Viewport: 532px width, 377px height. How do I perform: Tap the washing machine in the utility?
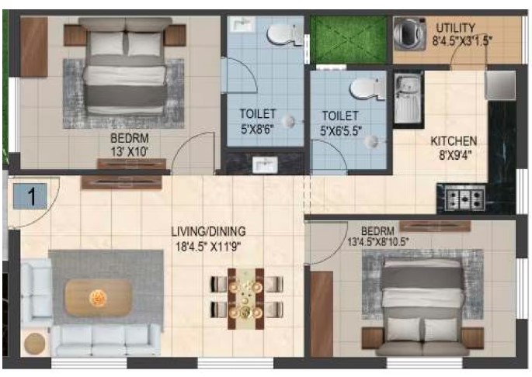coord(409,34)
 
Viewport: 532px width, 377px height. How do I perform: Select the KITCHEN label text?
coord(454,141)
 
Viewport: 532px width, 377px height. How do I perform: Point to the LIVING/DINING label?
coord(208,232)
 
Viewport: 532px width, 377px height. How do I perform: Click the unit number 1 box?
coord(30,196)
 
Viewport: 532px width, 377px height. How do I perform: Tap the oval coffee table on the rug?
coord(99,298)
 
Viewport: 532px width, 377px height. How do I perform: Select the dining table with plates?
coord(246,299)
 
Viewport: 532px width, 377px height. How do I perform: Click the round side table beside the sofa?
coord(35,344)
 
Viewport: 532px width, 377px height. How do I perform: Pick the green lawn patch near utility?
coord(349,40)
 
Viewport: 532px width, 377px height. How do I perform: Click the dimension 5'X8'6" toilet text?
coord(258,130)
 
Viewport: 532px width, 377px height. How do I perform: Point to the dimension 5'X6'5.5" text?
coord(341,131)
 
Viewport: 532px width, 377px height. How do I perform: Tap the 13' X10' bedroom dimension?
coord(130,151)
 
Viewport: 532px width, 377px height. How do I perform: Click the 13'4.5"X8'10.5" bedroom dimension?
coord(378,242)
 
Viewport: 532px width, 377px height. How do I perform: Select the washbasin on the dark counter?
coord(266,164)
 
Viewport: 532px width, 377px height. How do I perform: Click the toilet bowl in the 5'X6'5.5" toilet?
coord(367,89)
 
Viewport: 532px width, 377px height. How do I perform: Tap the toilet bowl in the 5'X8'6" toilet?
coord(285,35)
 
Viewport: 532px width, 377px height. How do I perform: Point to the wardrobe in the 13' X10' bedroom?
coord(33,47)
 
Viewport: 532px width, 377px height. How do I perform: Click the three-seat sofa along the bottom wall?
coord(106,341)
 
